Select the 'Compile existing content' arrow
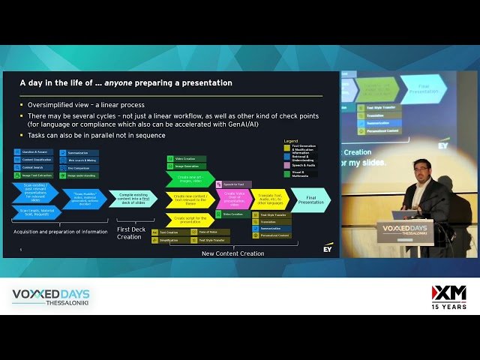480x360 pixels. point(133,199)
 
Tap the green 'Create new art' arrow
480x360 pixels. point(189,180)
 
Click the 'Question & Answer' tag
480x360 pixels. point(33,152)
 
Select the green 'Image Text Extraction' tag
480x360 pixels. point(34,175)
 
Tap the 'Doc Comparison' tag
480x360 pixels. point(79,168)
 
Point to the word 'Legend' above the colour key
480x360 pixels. point(290,141)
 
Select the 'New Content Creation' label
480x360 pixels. point(232,253)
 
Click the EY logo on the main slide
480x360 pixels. point(328,247)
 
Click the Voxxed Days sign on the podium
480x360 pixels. point(405,229)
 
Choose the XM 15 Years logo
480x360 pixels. point(448,296)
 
